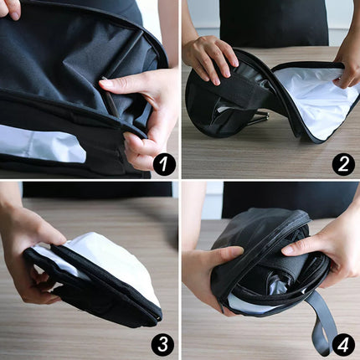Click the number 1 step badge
[x=164, y=164]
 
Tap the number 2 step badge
[x=343, y=164]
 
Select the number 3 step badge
[x=164, y=344]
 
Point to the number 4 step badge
[x=343, y=344]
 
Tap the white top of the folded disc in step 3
[x=109, y=260]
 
